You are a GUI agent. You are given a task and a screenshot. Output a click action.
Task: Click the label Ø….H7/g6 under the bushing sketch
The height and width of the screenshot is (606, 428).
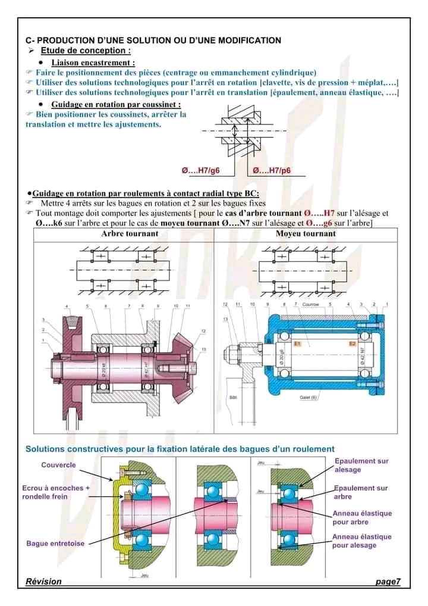click(x=200, y=170)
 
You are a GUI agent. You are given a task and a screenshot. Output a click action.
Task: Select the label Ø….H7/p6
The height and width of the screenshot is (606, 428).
click(x=272, y=170)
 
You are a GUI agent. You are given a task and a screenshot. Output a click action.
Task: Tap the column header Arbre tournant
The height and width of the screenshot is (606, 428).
click(x=130, y=234)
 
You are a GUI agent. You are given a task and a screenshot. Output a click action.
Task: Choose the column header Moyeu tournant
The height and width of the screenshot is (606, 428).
click(x=306, y=234)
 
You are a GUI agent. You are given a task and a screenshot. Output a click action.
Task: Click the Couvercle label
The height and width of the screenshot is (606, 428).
click(x=58, y=465)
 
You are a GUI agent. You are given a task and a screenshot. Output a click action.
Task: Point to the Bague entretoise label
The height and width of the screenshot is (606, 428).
click(x=55, y=543)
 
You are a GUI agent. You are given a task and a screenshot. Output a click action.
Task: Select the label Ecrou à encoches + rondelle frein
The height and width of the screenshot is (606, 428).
click(x=56, y=492)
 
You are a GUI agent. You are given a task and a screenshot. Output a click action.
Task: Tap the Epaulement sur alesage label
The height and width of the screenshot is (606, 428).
click(x=361, y=465)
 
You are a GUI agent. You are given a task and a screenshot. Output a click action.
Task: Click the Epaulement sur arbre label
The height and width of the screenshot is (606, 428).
click(x=361, y=492)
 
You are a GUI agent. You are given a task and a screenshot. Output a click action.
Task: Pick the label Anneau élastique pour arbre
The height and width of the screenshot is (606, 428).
click(x=362, y=517)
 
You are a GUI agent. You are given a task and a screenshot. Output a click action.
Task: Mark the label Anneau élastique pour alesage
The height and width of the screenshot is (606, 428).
click(x=362, y=541)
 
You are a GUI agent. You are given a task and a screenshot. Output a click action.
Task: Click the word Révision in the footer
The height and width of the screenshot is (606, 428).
click(x=43, y=581)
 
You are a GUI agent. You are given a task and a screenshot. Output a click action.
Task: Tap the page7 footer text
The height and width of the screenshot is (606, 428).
click(x=388, y=582)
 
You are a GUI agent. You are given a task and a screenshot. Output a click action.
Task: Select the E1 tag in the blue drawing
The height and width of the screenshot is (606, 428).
click(x=297, y=344)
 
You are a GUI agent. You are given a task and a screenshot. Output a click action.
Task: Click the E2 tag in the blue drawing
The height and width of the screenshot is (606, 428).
click(x=353, y=344)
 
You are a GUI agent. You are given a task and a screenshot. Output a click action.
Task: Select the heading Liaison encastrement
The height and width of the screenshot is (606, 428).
click(x=93, y=63)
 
